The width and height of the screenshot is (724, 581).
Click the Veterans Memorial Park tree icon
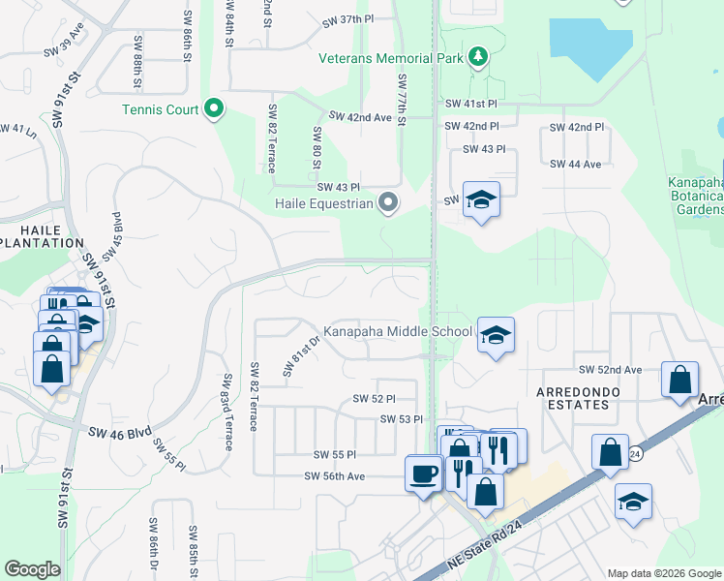click(x=477, y=58)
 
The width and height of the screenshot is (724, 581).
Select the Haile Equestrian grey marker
click(x=388, y=203)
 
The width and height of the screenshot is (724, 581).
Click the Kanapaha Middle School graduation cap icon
click(x=496, y=335)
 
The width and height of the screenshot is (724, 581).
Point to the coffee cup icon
click(x=423, y=474)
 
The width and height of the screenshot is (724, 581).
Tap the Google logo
click(x=32, y=569)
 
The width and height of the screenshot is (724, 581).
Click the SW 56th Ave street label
click(x=334, y=475)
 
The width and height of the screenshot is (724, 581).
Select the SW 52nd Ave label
click(x=610, y=370)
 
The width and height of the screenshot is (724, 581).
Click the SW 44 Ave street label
click(x=575, y=164)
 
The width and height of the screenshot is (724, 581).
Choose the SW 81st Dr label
click(x=301, y=356)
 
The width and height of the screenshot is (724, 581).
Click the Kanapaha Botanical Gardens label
click(x=696, y=196)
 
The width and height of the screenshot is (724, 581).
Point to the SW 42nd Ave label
click(x=360, y=116)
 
